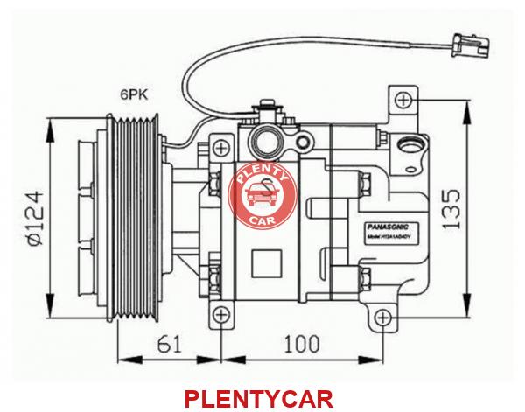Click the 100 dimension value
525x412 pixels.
coord(302,342)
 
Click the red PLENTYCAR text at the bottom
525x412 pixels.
coord(259,400)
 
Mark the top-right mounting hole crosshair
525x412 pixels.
coord(402,101)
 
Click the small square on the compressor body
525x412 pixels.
coord(263,260)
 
